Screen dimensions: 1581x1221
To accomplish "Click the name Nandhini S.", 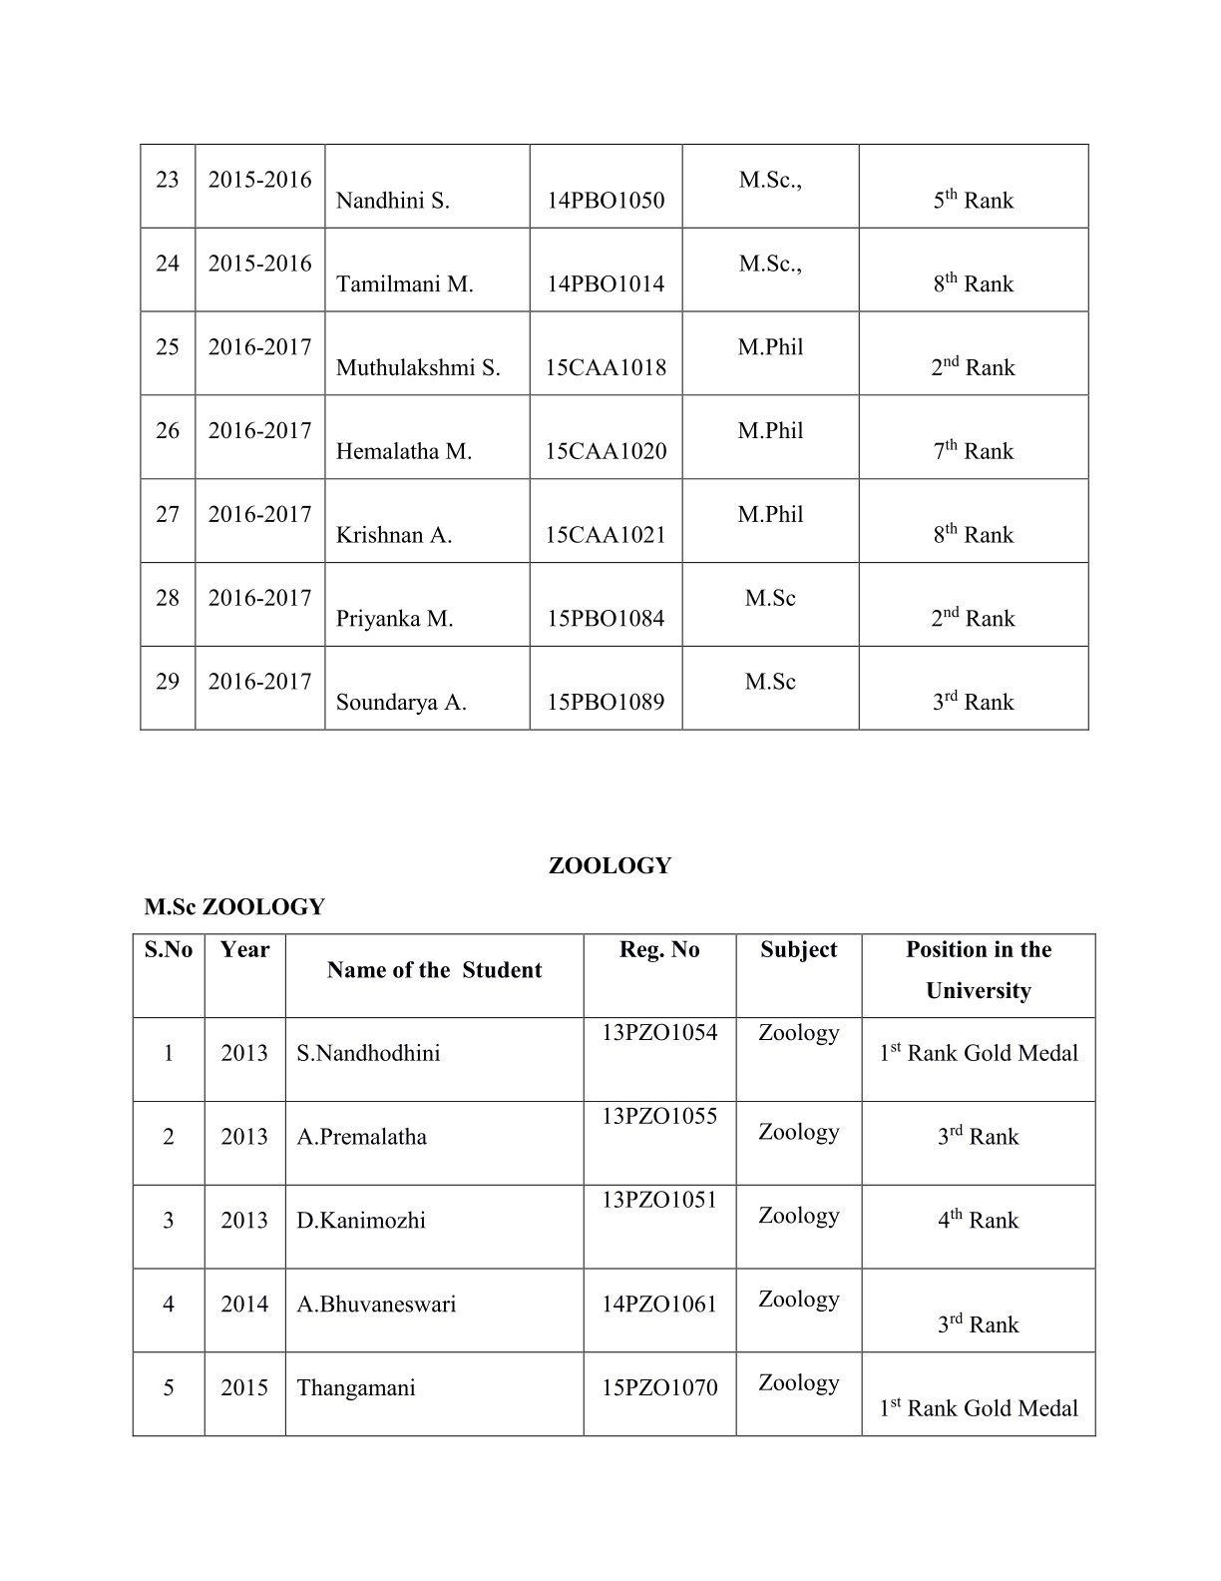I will (392, 201).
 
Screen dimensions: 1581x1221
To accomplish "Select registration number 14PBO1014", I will (606, 284).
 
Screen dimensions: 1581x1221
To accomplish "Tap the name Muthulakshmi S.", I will (418, 368).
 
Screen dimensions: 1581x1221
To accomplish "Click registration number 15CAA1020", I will (606, 451).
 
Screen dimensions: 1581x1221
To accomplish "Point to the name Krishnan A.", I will (394, 535).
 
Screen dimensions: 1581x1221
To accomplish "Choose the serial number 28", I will (168, 598).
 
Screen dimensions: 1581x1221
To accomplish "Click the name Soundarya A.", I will (401, 703).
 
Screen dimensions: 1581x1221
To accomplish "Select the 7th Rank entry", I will (973, 451).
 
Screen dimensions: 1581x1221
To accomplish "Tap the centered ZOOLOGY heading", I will (610, 866).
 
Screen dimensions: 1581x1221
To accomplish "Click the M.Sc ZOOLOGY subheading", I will (234, 907).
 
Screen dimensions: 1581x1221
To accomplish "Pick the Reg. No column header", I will (659, 949).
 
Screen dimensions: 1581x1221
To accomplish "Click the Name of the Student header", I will (434, 970).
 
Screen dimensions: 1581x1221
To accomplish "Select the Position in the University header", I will (979, 970).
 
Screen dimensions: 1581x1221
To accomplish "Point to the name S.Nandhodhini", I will (368, 1054).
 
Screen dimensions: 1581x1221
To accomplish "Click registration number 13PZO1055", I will (659, 1116).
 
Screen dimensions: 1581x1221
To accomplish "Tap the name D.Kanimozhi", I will (361, 1221).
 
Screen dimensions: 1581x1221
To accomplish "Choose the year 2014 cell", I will (244, 1305).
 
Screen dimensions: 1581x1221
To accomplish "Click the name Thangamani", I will (356, 1388).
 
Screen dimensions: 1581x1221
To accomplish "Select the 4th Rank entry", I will (978, 1221).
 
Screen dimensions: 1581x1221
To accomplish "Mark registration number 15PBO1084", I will (606, 619).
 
